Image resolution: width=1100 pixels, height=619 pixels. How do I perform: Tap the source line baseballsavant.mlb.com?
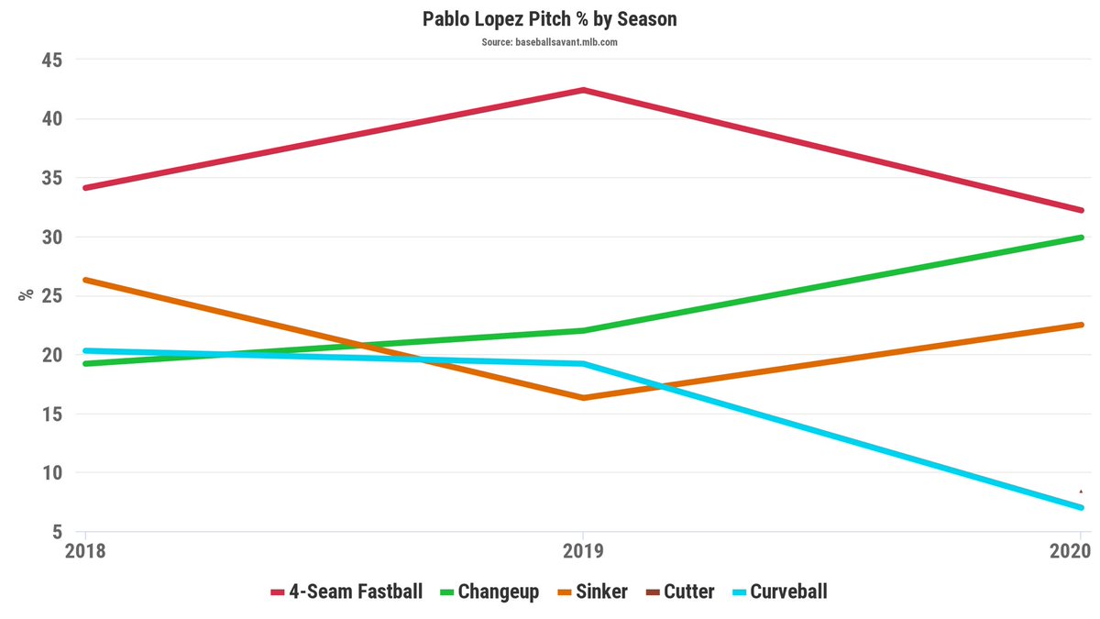tap(550, 42)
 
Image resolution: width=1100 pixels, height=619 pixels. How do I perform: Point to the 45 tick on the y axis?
tap(50, 60)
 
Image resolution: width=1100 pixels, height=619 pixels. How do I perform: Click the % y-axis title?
tap(27, 294)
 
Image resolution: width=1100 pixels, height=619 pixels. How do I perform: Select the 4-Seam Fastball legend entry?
tap(347, 591)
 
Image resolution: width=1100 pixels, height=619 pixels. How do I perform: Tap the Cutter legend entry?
tap(679, 591)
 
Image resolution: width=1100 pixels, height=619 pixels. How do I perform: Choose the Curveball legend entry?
tap(778, 591)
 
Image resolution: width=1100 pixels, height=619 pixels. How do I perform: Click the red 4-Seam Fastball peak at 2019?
tap(583, 90)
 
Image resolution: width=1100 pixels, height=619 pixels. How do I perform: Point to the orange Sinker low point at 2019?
tap(583, 397)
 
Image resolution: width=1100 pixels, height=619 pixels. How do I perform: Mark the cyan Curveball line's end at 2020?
tap(1080, 507)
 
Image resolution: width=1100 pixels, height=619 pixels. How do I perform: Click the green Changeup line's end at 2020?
tap(1080, 238)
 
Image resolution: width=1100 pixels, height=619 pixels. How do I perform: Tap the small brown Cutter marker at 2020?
tap(1081, 492)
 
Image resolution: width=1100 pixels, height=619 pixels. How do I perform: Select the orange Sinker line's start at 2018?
tap(86, 280)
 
